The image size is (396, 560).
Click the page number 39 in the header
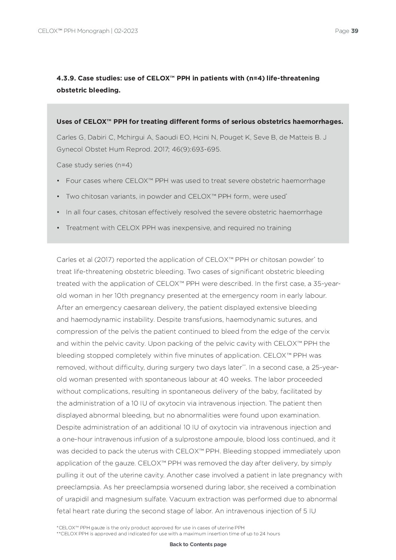click(x=355, y=31)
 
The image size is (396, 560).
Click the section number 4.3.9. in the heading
click(x=66, y=78)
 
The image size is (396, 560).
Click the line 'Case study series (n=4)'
click(x=94, y=165)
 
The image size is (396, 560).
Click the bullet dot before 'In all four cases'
click(x=58, y=212)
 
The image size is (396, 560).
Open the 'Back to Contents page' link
click(x=198, y=544)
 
